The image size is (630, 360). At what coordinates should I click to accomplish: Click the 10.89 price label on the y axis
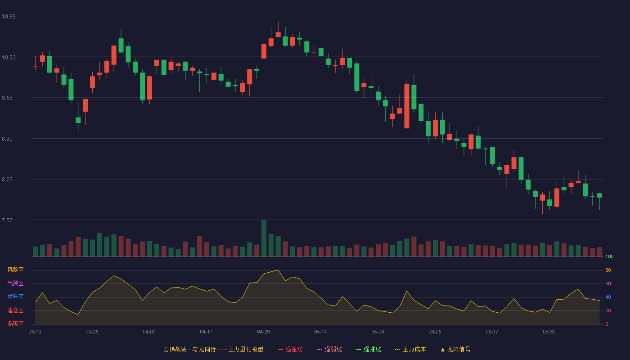9,16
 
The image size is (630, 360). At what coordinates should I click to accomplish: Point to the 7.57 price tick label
7,220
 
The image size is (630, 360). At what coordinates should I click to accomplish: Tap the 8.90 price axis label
7,139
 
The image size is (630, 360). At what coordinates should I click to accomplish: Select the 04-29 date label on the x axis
263,332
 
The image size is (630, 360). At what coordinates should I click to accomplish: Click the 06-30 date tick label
549,332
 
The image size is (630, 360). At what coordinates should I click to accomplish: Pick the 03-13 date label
35,332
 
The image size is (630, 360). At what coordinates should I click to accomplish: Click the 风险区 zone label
15,270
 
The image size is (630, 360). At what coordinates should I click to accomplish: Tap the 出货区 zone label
15,283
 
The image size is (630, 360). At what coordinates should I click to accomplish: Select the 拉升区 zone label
15,297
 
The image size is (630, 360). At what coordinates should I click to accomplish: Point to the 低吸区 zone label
15,324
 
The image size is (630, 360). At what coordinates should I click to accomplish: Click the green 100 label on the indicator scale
609,256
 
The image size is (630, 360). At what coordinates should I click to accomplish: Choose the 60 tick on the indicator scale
608,283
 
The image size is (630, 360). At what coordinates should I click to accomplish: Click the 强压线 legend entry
290,349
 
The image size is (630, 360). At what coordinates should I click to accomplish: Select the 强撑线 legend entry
369,349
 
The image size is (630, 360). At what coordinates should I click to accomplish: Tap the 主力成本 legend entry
410,349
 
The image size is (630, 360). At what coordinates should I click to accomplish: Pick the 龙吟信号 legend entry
455,349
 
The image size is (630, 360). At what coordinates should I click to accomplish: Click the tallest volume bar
264,238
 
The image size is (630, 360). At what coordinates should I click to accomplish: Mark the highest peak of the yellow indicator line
278,270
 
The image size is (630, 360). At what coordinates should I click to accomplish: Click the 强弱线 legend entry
329,349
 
